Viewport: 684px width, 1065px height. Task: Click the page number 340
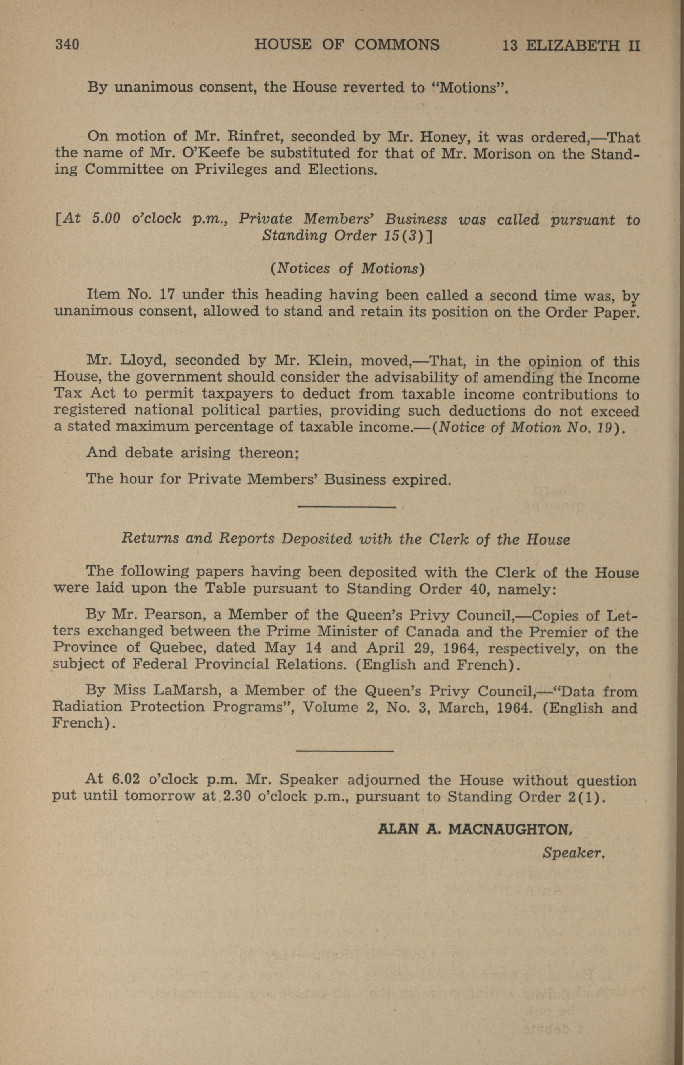(67, 45)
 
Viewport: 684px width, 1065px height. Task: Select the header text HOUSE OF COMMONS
(347, 45)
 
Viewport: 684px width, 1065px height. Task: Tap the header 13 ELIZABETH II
(571, 45)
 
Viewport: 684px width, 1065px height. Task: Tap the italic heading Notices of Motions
(348, 268)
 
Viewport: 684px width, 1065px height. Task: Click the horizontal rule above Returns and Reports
(346, 507)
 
